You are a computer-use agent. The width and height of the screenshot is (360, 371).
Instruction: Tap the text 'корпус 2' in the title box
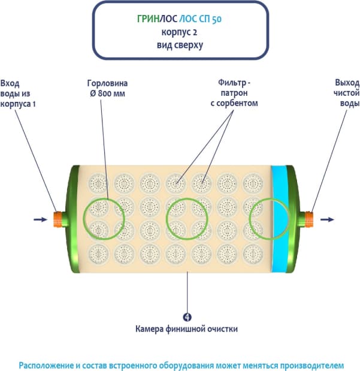(x=180, y=32)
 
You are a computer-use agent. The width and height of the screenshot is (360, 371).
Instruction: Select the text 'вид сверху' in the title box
(x=180, y=44)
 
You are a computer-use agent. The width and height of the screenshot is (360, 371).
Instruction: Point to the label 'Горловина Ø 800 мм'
(x=107, y=89)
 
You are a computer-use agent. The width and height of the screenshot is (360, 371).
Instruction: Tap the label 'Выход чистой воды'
(x=346, y=93)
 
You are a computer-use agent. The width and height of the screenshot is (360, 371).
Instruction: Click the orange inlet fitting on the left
(x=59, y=219)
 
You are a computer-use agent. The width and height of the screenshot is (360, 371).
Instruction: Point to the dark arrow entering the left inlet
(x=40, y=220)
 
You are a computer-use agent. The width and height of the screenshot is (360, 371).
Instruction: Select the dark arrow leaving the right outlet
(x=328, y=219)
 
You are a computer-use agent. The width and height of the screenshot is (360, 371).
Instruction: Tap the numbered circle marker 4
(x=187, y=317)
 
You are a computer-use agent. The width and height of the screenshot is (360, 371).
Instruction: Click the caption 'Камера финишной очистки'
(x=187, y=328)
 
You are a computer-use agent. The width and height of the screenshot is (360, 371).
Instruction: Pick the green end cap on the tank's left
(x=74, y=219)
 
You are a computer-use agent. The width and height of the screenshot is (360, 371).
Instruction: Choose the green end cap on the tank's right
(x=294, y=219)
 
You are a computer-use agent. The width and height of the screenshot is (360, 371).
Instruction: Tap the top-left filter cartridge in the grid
(x=96, y=181)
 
